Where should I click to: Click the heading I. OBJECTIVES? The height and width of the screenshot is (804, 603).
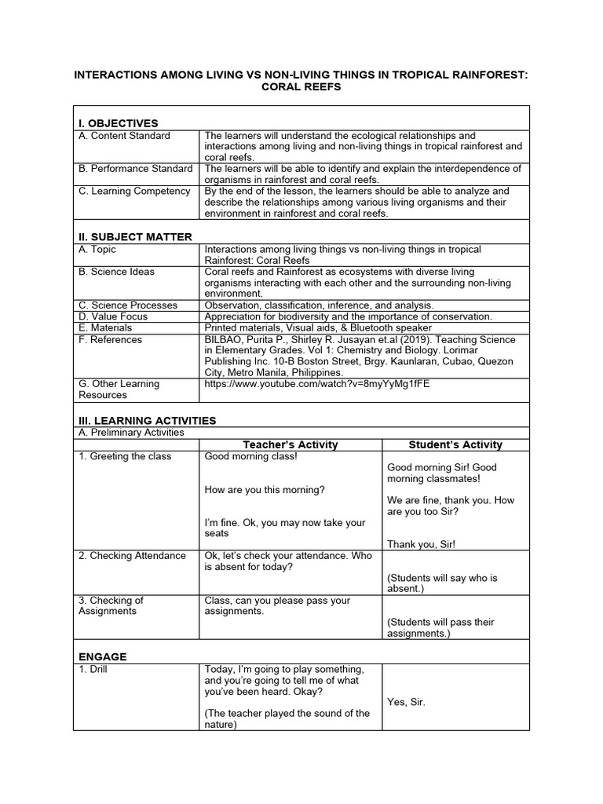(x=118, y=123)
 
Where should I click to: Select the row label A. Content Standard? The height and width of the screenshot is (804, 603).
(x=124, y=136)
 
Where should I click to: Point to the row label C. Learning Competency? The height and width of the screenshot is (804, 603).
(x=134, y=191)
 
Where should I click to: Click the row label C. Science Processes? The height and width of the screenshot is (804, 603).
(x=128, y=305)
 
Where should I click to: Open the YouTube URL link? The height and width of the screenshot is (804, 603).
(x=317, y=385)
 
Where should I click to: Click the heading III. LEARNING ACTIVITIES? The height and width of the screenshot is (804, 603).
(x=146, y=421)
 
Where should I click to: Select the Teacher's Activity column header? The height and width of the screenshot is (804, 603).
(x=291, y=444)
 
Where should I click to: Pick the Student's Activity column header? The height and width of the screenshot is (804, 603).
(x=455, y=444)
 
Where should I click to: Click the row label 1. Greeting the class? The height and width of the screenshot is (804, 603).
(x=125, y=456)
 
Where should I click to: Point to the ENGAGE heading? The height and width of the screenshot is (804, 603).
(x=102, y=656)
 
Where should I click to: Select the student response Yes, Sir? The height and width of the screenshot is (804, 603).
(x=406, y=702)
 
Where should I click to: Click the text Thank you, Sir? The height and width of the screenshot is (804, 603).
(x=421, y=544)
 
